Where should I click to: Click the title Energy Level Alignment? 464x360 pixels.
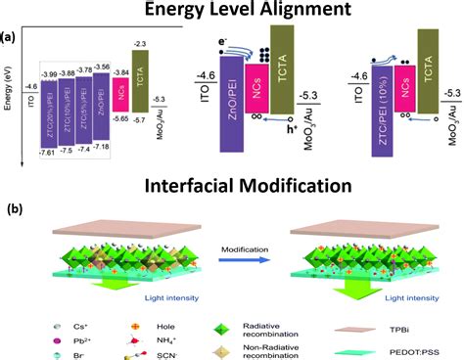coord(231,12)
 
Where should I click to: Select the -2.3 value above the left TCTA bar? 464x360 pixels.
coord(139,45)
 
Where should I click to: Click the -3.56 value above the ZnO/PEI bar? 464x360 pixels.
coord(101,67)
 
